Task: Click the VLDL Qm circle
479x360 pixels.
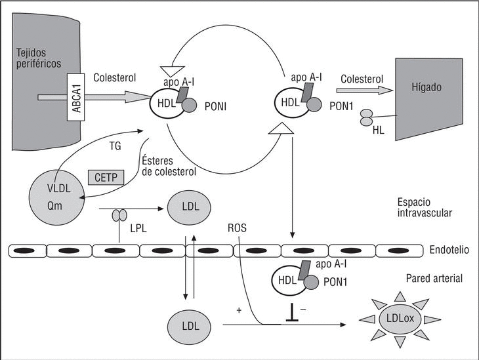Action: click(x=56, y=195)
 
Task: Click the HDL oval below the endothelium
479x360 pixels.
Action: click(x=286, y=279)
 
